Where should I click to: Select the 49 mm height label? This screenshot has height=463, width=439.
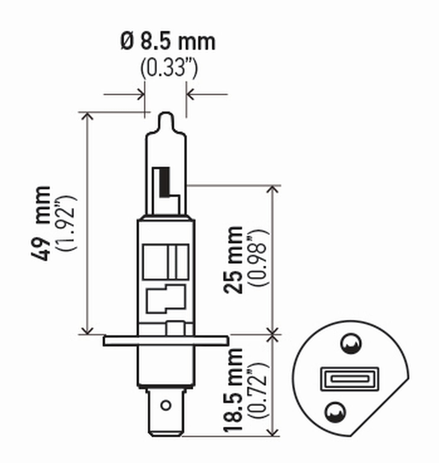(41, 223)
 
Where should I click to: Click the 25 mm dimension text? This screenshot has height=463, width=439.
(234, 260)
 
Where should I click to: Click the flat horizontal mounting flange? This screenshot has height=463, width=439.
(166, 341)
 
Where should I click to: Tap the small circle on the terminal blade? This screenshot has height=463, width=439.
(166, 405)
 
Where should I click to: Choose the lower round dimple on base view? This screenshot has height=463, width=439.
(335, 412)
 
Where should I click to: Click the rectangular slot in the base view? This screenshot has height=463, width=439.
(349, 378)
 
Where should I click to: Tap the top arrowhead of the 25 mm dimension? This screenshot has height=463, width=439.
(273, 189)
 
